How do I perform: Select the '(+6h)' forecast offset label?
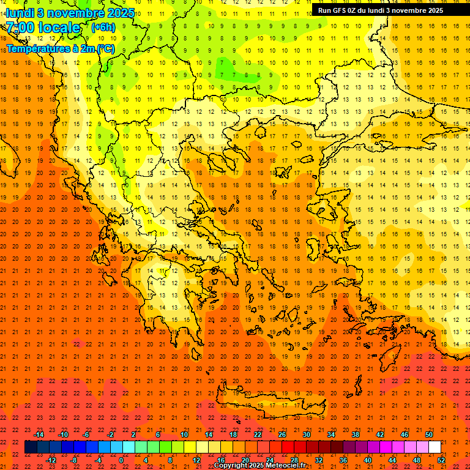click(102, 28)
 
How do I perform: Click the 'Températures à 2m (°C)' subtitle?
click(60, 48)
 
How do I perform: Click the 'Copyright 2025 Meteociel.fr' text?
click(259, 466)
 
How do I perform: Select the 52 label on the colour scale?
click(441, 460)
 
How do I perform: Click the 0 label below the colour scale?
click(121, 460)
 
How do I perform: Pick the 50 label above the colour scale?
click(429, 435)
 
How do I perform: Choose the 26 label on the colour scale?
click(282, 435)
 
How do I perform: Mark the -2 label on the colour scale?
click(111, 435)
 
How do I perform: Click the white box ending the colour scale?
click(435, 447)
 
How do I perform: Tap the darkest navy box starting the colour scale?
click(31, 447)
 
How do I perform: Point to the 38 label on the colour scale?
click(356, 435)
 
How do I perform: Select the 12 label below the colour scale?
click(196, 460)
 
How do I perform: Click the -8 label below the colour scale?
click(74, 460)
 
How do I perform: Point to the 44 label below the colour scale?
click(392, 460)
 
